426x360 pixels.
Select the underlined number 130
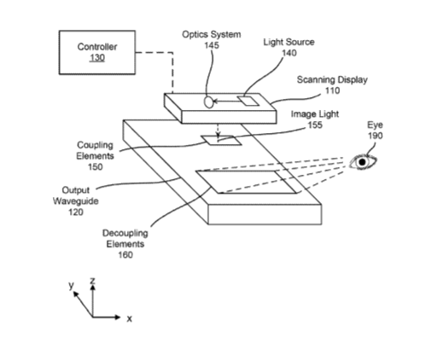point(97,58)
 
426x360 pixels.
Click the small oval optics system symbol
point(209,102)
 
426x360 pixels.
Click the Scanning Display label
point(332,79)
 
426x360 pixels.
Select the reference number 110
point(332,90)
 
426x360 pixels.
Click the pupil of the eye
point(362,162)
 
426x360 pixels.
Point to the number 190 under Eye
point(375,136)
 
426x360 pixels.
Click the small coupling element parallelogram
point(221,140)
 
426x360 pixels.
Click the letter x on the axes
point(130,319)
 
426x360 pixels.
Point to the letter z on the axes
point(92,281)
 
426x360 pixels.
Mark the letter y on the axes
point(71,285)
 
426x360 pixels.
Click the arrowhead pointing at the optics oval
point(215,101)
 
